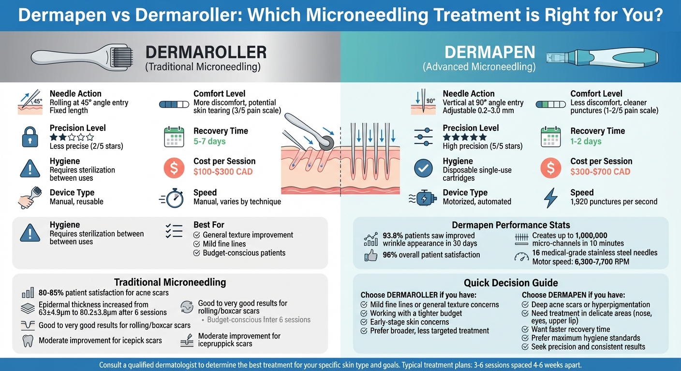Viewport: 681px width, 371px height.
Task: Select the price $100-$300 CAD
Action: click(223, 171)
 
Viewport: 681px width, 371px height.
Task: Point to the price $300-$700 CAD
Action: click(600, 171)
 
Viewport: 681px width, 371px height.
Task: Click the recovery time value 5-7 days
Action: click(209, 141)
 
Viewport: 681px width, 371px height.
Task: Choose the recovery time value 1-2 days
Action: click(586, 141)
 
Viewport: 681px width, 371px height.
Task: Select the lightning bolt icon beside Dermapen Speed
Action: click(550, 198)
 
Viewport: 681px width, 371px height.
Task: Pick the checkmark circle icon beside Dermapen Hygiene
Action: click(424, 168)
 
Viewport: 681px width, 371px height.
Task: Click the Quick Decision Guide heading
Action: click(511, 283)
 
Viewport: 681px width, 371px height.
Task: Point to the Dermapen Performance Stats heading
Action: click(511, 225)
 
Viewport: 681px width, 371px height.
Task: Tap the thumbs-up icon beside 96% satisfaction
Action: click(371, 256)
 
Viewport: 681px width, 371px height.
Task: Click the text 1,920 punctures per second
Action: click(614, 201)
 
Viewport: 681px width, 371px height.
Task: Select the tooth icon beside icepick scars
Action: click(28, 341)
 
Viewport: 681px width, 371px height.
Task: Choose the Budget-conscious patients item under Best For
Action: click(244, 253)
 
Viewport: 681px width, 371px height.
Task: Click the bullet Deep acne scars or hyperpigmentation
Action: click(590, 305)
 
